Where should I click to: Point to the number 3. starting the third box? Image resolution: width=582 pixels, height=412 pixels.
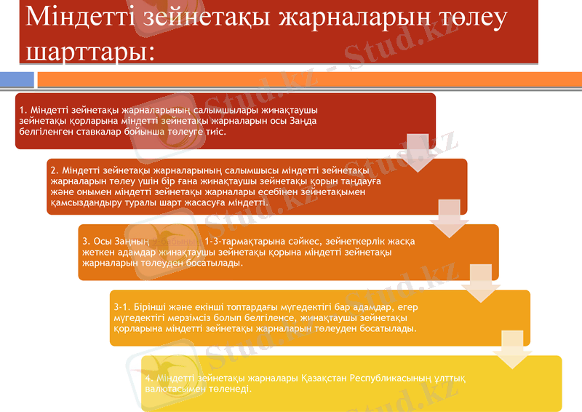pyautogui.click(x=86, y=241)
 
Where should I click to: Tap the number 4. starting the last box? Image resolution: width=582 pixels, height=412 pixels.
pyautogui.click(x=148, y=379)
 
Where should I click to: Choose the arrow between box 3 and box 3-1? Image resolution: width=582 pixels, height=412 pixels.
pyautogui.click(x=481, y=283)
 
